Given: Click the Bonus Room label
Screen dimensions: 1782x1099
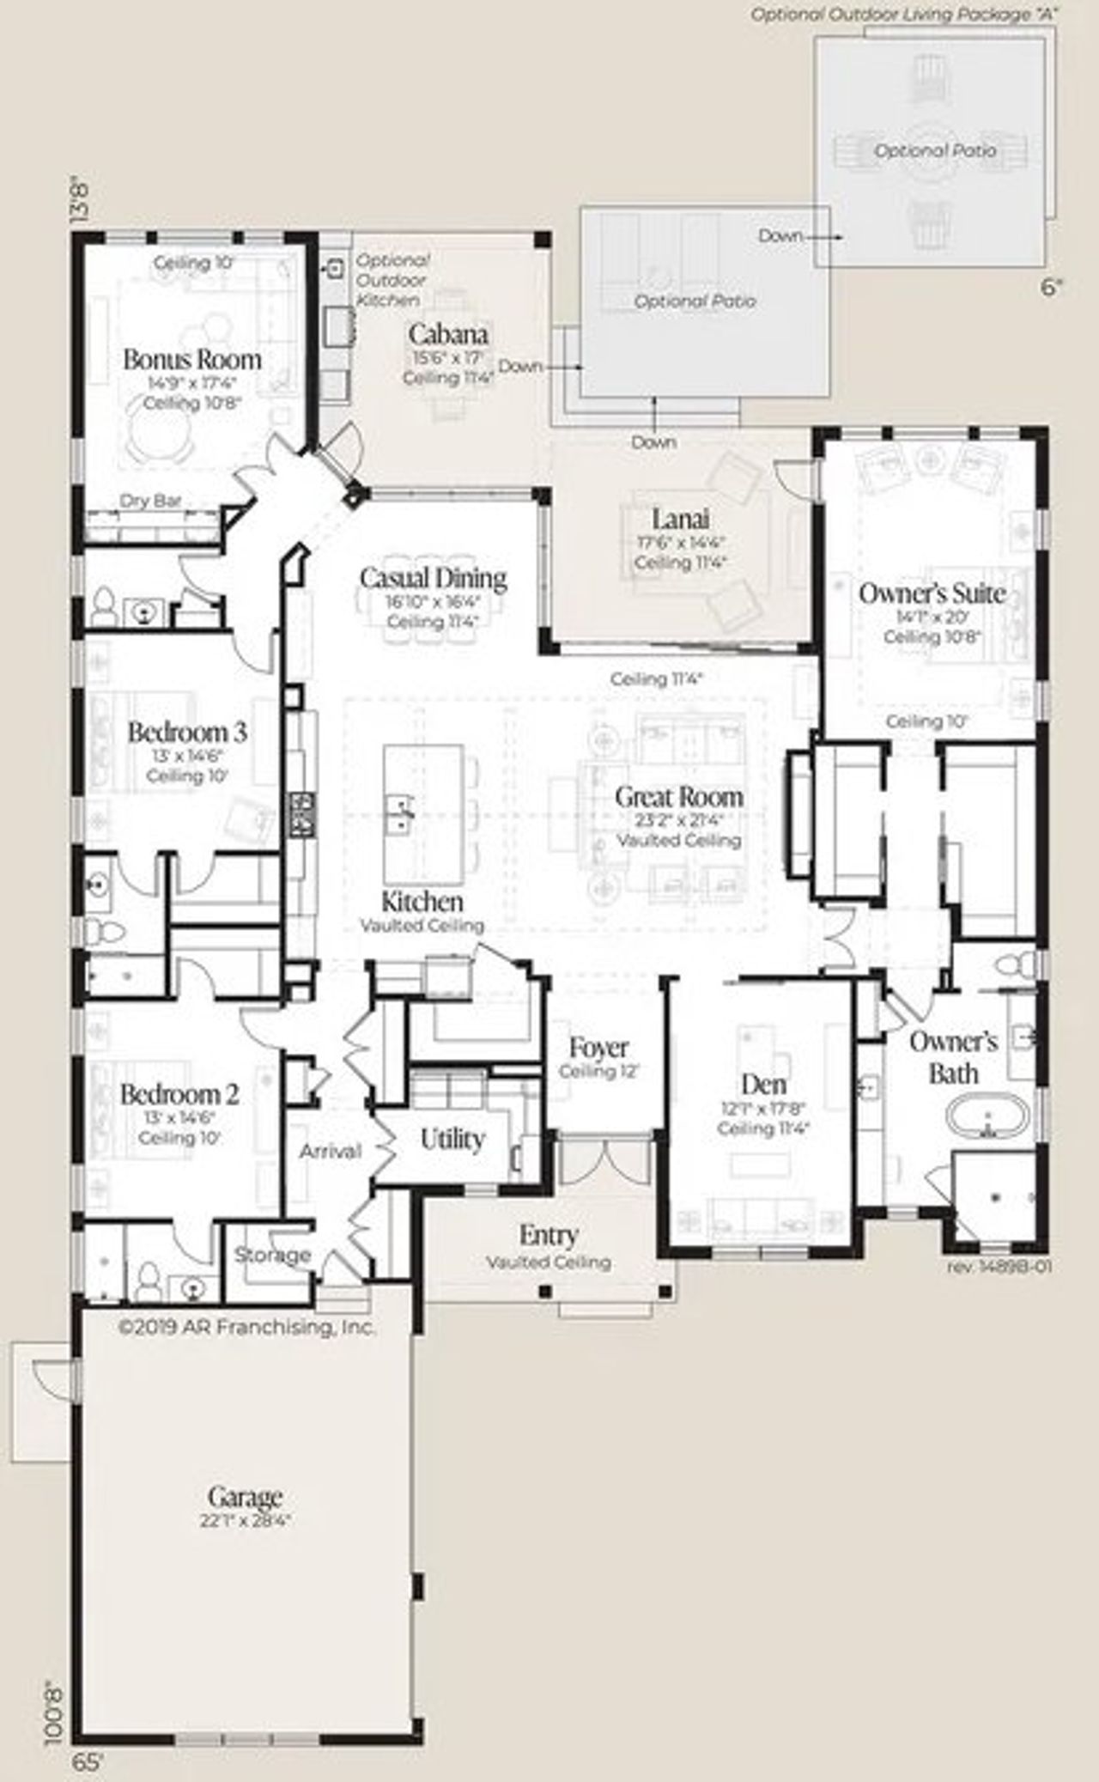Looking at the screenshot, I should [x=191, y=359].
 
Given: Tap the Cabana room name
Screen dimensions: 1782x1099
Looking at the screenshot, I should [x=448, y=334].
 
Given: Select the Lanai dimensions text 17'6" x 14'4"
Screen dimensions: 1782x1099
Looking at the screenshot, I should [x=681, y=543].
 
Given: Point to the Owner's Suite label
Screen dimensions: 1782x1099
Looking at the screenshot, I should [x=932, y=593].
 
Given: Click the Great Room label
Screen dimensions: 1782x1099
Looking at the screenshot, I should [x=678, y=796].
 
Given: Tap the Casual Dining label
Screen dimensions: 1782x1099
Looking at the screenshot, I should [x=433, y=578].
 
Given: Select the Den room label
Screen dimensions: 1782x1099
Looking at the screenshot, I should [x=763, y=1085].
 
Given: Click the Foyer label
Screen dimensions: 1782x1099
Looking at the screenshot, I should [x=598, y=1048].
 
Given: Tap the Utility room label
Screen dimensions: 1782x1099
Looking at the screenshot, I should [x=452, y=1140].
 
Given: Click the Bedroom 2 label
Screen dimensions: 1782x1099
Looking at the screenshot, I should [x=179, y=1094].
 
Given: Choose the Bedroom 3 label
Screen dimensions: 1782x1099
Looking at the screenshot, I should [x=187, y=733].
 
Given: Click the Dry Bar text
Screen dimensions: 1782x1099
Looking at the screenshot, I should [x=149, y=501].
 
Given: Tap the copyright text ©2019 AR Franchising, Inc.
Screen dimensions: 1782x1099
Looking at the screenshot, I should [x=247, y=1327].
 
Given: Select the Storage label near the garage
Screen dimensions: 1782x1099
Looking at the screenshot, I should [x=272, y=1255].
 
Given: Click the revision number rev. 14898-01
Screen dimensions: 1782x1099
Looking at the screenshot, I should [x=999, y=1266].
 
